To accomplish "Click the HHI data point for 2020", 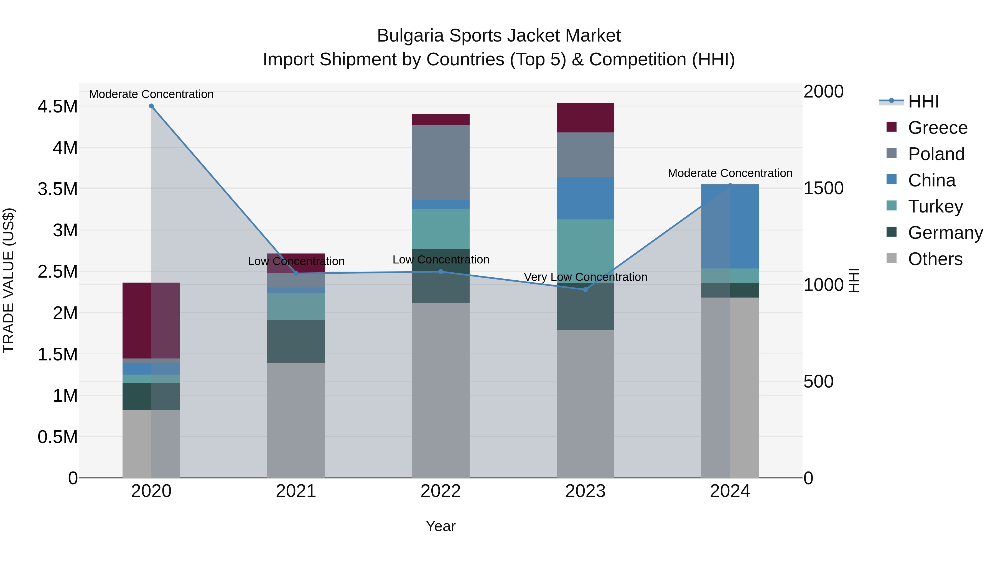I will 151,106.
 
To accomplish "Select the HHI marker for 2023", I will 585,290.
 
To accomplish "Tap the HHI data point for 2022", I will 441,272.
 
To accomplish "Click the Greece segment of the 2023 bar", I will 585,118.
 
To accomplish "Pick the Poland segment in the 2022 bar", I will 441,163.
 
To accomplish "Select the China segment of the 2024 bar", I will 730,227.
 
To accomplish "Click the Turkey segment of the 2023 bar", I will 585,251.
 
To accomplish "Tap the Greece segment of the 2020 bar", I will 151,321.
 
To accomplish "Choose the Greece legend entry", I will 937,128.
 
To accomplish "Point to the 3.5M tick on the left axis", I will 57,189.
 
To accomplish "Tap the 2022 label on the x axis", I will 441,491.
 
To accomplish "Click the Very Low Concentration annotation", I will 585,277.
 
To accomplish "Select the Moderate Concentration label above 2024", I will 730,173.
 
